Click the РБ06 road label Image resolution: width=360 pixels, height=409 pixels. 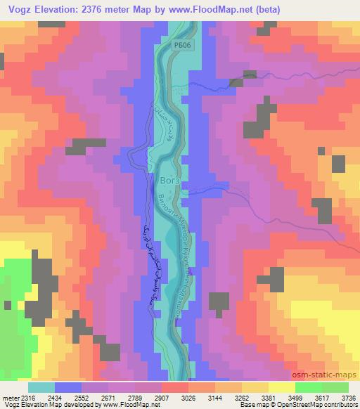182,44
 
